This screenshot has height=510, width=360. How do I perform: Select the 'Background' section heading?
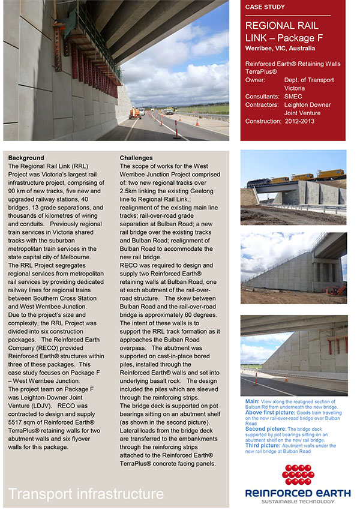coord(26,158)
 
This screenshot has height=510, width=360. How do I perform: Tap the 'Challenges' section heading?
coord(136,158)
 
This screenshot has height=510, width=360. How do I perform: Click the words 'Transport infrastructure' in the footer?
coord(86,494)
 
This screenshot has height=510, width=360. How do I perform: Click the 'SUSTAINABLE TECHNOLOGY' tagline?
coord(298,502)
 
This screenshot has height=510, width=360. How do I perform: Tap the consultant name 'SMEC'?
coord(294,96)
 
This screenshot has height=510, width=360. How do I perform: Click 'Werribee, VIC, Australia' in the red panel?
coord(280,48)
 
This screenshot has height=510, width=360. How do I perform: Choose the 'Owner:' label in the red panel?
coord(256,80)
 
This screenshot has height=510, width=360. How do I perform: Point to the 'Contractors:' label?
coord(263,104)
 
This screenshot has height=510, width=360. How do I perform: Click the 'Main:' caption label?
coord(253,400)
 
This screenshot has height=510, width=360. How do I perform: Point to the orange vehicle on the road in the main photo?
coord(137,112)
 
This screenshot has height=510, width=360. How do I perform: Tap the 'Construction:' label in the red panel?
coord(263,121)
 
